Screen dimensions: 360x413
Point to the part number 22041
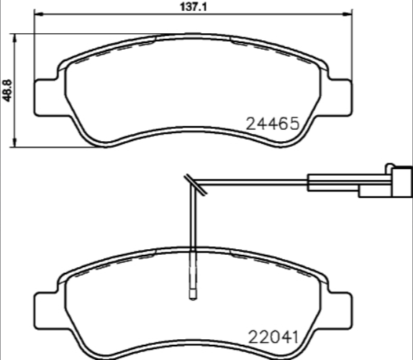pos(273,336)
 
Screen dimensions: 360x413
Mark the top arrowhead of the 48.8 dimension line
pos(17,35)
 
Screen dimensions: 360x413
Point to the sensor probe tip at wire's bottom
pos(193,293)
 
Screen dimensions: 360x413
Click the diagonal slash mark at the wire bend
pos(194,184)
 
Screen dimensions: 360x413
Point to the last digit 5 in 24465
pos(292,124)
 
